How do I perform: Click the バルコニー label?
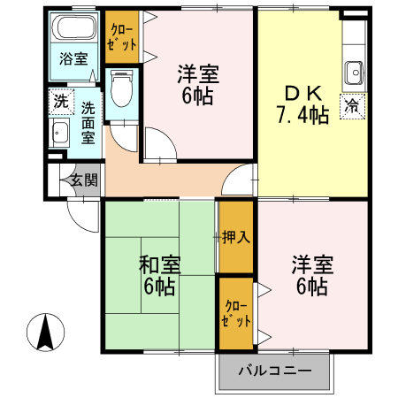274,371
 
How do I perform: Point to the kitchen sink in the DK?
355,70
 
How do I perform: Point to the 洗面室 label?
88,122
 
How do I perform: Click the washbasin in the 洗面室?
60,136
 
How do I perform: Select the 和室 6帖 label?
159,275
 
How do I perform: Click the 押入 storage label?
235,237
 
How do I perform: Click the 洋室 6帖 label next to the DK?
197,85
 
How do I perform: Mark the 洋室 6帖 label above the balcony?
310,275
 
